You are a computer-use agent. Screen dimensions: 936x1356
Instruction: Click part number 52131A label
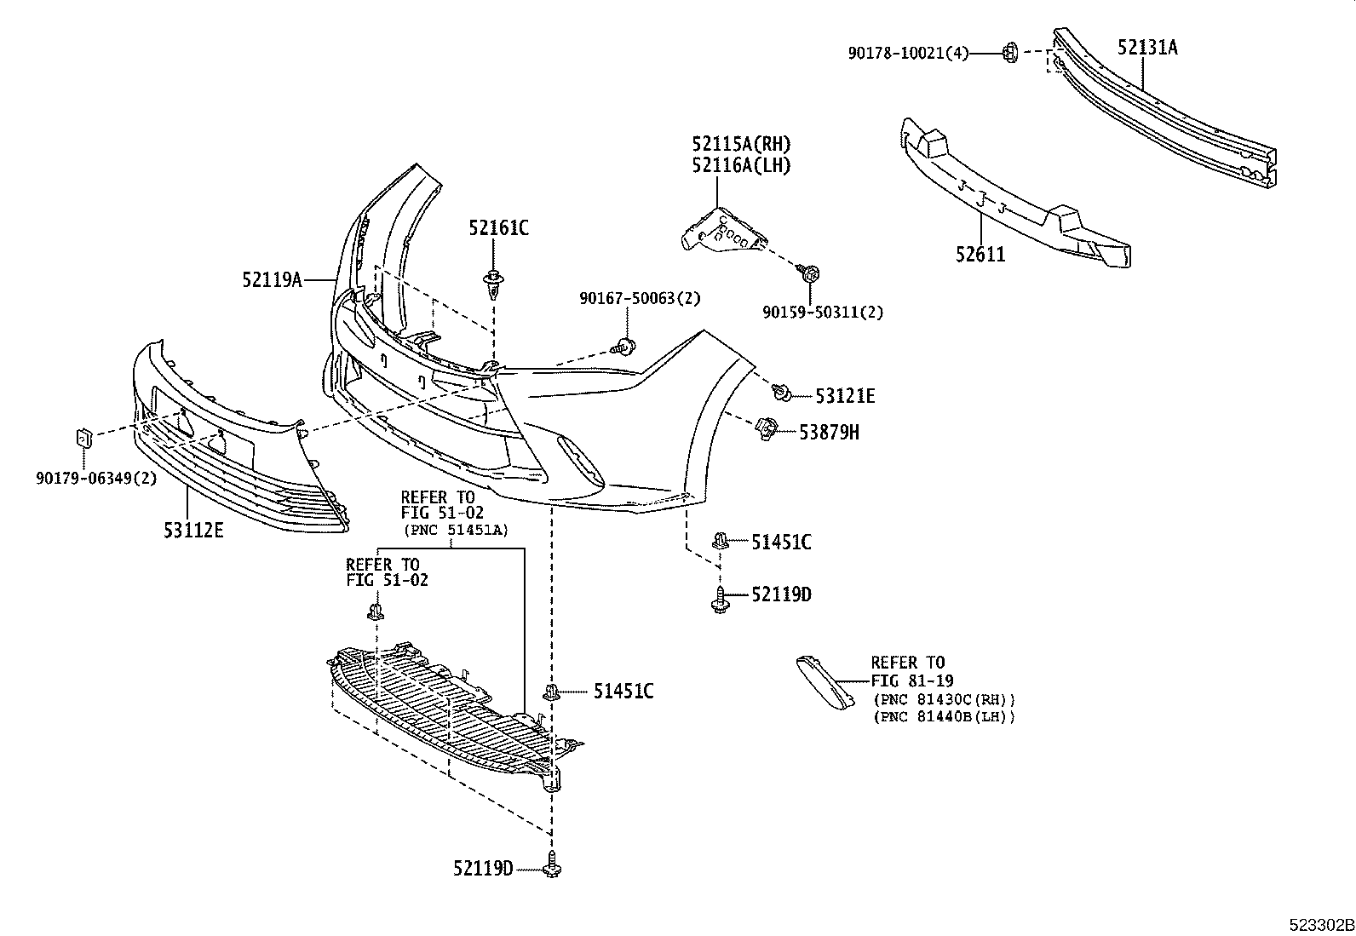pos(1147,48)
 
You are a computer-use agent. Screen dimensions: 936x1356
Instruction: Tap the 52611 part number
pos(980,254)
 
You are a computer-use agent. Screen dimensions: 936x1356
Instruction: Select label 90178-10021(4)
pos(908,53)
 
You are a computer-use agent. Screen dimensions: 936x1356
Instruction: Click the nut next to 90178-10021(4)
pos(1008,53)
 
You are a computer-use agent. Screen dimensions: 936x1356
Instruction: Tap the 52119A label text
pos(272,279)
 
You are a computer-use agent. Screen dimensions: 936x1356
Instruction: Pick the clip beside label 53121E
pos(781,393)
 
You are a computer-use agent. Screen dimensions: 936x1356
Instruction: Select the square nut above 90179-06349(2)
pos(84,439)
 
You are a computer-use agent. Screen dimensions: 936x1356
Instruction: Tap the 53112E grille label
pos(193,531)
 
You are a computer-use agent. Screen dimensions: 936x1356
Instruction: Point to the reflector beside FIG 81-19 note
pos(825,680)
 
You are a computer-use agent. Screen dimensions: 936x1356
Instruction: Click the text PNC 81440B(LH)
pos(945,717)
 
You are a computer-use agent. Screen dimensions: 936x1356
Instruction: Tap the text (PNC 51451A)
pos(456,530)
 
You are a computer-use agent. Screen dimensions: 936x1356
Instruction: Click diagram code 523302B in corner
pos(1320,925)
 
